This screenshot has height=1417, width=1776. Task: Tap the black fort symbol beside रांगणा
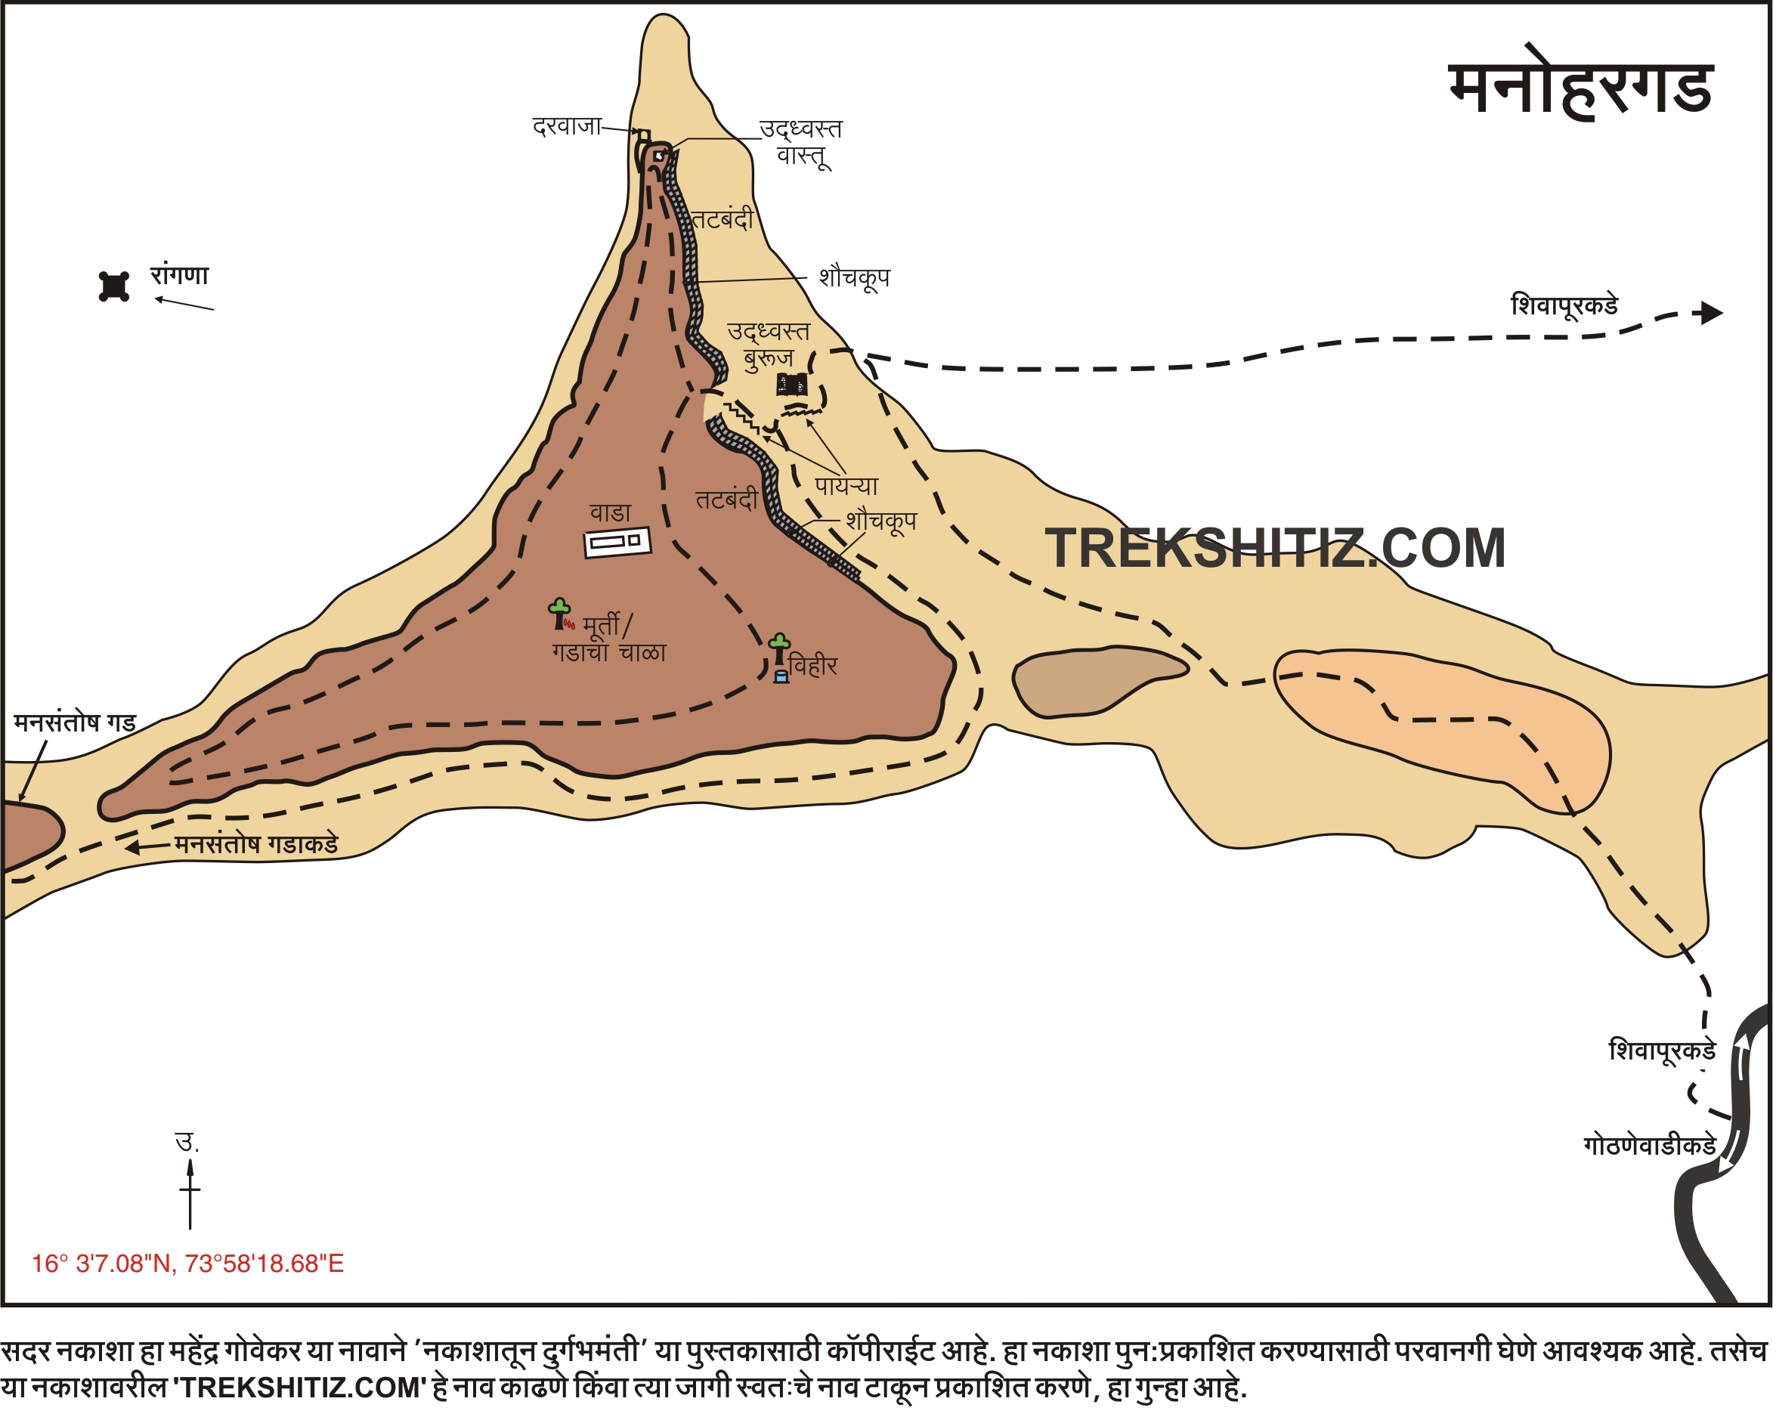point(113,286)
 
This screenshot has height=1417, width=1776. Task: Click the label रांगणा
point(180,274)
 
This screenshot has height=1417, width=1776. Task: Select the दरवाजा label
point(567,127)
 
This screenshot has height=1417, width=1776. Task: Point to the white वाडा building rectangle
point(617,542)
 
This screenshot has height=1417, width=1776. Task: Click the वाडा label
point(611,512)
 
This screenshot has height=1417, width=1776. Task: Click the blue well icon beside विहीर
point(781,677)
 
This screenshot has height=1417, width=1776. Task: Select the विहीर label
point(813,666)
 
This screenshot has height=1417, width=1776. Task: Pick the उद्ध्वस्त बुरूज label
point(769,345)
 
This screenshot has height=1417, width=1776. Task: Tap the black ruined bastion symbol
point(791,384)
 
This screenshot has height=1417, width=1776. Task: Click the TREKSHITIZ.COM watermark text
point(1275,549)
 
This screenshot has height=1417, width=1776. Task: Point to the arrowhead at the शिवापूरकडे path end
point(1713,313)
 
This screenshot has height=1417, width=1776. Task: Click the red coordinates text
point(188,1264)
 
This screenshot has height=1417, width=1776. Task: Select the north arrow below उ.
point(190,1194)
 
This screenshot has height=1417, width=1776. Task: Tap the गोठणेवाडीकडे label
point(1649,1146)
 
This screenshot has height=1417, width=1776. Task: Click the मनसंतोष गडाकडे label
point(256,844)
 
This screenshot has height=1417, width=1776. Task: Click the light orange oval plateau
point(1441,725)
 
